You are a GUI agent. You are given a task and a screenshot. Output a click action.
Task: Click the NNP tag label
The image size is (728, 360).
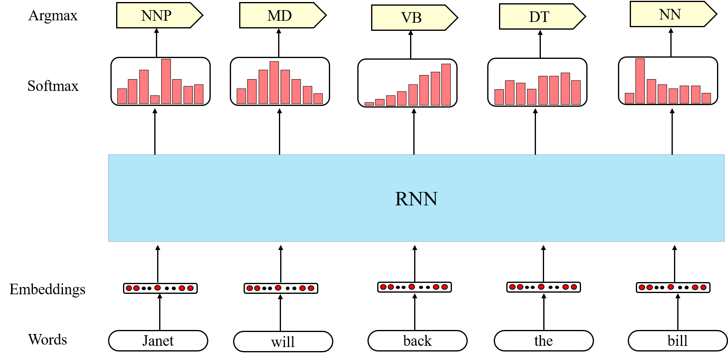click(156, 15)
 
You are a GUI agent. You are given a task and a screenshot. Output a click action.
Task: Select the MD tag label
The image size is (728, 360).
click(279, 15)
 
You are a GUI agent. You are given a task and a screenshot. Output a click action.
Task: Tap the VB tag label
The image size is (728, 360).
click(411, 18)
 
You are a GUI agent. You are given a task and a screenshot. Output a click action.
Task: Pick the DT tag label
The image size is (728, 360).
click(539, 17)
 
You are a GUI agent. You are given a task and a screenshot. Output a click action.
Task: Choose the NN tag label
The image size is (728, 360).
click(670, 14)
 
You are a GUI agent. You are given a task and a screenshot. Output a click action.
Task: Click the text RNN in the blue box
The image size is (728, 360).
click(416, 199)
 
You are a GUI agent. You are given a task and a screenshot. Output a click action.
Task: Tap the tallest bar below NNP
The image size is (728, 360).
click(166, 81)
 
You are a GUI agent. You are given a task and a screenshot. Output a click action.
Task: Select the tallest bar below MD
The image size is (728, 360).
click(274, 82)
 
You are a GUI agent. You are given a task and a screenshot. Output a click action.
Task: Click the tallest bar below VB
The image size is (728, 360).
click(446, 84)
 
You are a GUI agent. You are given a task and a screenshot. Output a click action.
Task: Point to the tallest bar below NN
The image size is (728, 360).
click(640, 81)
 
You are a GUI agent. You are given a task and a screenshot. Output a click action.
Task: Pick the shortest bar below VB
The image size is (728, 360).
click(369, 104)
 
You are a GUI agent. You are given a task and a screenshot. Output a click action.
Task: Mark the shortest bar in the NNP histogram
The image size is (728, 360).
click(155, 99)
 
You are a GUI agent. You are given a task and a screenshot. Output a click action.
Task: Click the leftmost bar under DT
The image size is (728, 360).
click(499, 97)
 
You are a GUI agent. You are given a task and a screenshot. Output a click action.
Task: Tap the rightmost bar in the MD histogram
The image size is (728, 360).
click(318, 99)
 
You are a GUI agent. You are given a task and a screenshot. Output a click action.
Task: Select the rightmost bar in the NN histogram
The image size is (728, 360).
click(706, 98)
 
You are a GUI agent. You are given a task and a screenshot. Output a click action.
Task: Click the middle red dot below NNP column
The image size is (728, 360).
click(158, 288)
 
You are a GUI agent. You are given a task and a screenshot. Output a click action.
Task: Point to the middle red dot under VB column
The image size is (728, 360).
click(412, 287)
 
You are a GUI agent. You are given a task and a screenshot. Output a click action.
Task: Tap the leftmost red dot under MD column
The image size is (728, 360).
click(250, 288)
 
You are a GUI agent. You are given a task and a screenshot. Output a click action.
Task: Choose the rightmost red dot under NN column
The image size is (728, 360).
click(703, 287)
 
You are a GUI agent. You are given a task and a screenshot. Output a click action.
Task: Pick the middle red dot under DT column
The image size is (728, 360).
click(541, 287)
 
